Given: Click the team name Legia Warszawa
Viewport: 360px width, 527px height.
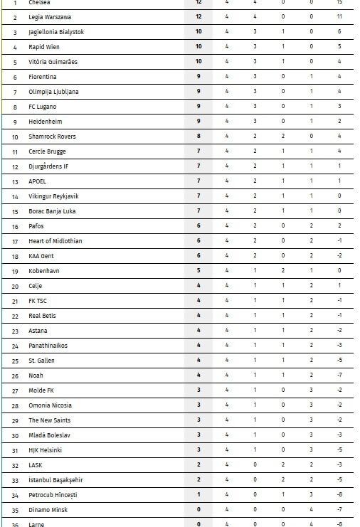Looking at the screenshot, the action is (50, 16).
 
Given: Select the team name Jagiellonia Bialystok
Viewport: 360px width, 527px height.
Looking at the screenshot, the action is (56, 31).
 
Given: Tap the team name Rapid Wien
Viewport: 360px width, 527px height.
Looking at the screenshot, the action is (43, 47).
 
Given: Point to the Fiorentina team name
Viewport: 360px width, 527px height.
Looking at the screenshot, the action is (43, 77).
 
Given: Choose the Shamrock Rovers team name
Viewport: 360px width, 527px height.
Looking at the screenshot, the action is (52, 137).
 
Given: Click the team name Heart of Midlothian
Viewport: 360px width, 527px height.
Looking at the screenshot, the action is (55, 241).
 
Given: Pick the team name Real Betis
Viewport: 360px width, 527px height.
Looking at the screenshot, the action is (43, 316).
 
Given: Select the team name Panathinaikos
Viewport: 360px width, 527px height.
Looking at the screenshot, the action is (48, 346).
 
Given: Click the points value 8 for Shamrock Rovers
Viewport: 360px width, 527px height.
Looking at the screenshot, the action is (198, 137).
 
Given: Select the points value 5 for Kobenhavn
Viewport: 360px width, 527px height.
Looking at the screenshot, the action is (198, 271).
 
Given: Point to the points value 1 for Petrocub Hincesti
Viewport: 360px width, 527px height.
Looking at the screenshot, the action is (198, 495).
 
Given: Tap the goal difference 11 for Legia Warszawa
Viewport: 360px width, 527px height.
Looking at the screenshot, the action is (339, 16).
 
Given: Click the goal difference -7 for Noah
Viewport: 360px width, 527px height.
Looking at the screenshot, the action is (339, 376).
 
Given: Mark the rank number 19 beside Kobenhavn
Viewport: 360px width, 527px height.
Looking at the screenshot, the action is (15, 271).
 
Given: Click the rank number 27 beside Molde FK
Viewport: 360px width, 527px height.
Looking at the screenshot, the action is (15, 390).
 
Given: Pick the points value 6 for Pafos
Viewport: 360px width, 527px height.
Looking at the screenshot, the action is (198, 226).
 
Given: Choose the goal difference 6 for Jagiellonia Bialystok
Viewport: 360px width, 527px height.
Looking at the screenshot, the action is (339, 31).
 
